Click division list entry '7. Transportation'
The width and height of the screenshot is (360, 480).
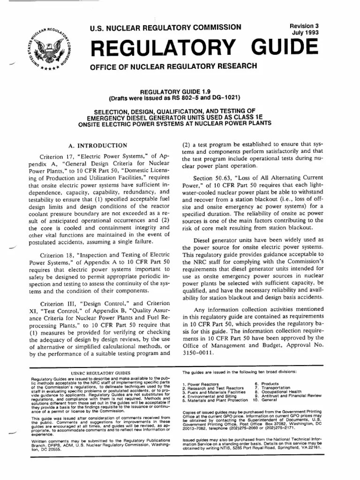(271, 388)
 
